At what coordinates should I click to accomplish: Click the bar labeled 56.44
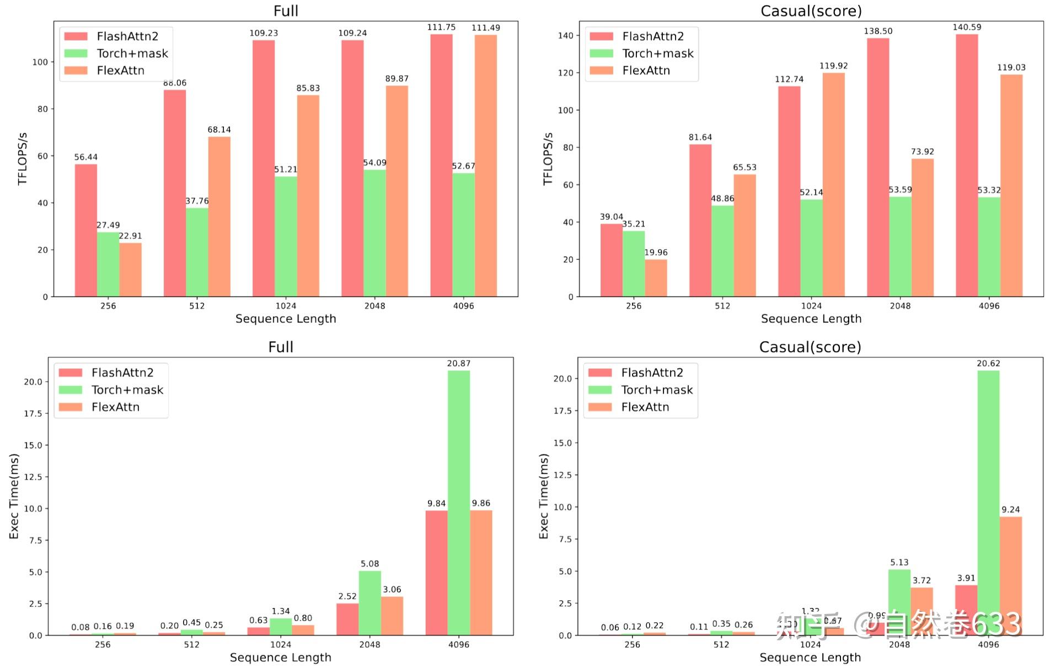86,230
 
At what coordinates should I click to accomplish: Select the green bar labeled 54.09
374,233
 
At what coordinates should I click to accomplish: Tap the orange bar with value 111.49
485,165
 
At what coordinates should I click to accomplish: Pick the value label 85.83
308,88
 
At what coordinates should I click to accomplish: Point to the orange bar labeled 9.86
481,573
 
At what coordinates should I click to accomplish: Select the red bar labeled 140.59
967,165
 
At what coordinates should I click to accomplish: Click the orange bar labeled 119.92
833,185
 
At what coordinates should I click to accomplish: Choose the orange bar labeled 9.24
1010,576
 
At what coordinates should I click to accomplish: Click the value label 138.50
878,31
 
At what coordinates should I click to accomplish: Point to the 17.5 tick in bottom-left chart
33,413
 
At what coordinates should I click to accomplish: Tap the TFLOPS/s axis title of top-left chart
23,159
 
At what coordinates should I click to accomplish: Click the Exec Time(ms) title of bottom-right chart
544,496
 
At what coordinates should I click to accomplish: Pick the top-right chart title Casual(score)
811,11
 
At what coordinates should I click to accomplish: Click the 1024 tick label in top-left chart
286,306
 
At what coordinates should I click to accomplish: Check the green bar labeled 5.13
899,602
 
